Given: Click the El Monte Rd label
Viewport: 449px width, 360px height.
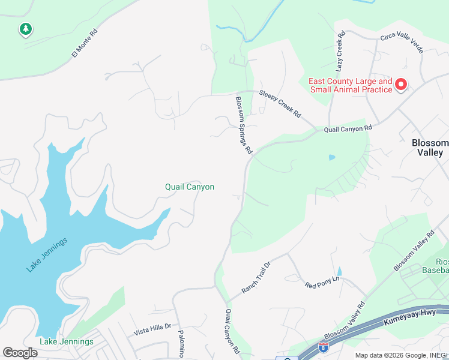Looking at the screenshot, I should click(x=84, y=44).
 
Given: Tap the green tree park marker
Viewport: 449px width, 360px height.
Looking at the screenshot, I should click(x=25, y=28).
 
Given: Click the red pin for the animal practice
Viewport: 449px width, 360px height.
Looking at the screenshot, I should click(x=400, y=85).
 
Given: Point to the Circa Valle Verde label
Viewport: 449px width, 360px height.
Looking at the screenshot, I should click(x=402, y=42).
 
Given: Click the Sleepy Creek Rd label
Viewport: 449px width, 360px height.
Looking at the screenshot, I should click(x=280, y=104).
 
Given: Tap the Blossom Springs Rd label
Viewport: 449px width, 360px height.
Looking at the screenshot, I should click(x=243, y=126).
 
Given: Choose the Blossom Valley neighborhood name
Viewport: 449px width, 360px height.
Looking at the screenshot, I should click(x=430, y=148).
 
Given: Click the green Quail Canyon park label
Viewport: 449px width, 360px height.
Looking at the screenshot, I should click(x=190, y=187).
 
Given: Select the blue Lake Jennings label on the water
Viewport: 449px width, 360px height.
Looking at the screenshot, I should click(x=47, y=254).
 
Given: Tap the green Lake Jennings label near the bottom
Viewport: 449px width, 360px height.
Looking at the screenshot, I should click(x=67, y=341).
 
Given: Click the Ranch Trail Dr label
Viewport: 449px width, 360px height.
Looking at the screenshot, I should click(x=256, y=278).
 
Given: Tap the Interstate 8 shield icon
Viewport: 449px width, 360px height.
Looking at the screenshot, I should click(x=324, y=346).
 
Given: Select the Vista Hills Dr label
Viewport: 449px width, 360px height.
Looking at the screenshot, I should click(x=152, y=328).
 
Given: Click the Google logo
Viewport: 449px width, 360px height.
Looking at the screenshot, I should click(x=20, y=353).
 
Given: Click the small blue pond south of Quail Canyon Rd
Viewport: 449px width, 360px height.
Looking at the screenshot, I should click(x=332, y=158).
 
